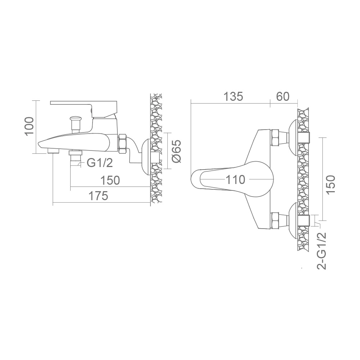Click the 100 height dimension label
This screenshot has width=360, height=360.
tap(30, 126)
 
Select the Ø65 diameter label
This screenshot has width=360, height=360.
tap(176, 151)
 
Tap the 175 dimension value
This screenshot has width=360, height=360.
tap(98, 196)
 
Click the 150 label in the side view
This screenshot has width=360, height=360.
tap(110, 180)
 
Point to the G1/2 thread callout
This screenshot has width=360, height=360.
tap(100, 163)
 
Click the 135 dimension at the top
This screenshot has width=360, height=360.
tap(233, 96)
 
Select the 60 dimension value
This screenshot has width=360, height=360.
tap(283, 96)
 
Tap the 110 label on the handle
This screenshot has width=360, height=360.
tap(235, 180)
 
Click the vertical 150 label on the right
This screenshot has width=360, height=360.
tap(330, 184)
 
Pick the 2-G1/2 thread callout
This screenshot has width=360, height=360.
tap(321, 251)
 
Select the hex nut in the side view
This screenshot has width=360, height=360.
tap(123, 144)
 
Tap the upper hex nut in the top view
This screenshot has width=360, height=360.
tap(275, 137)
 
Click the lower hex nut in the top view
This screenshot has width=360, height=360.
tap(275, 221)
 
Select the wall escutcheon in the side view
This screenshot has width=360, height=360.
tap(146, 157)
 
